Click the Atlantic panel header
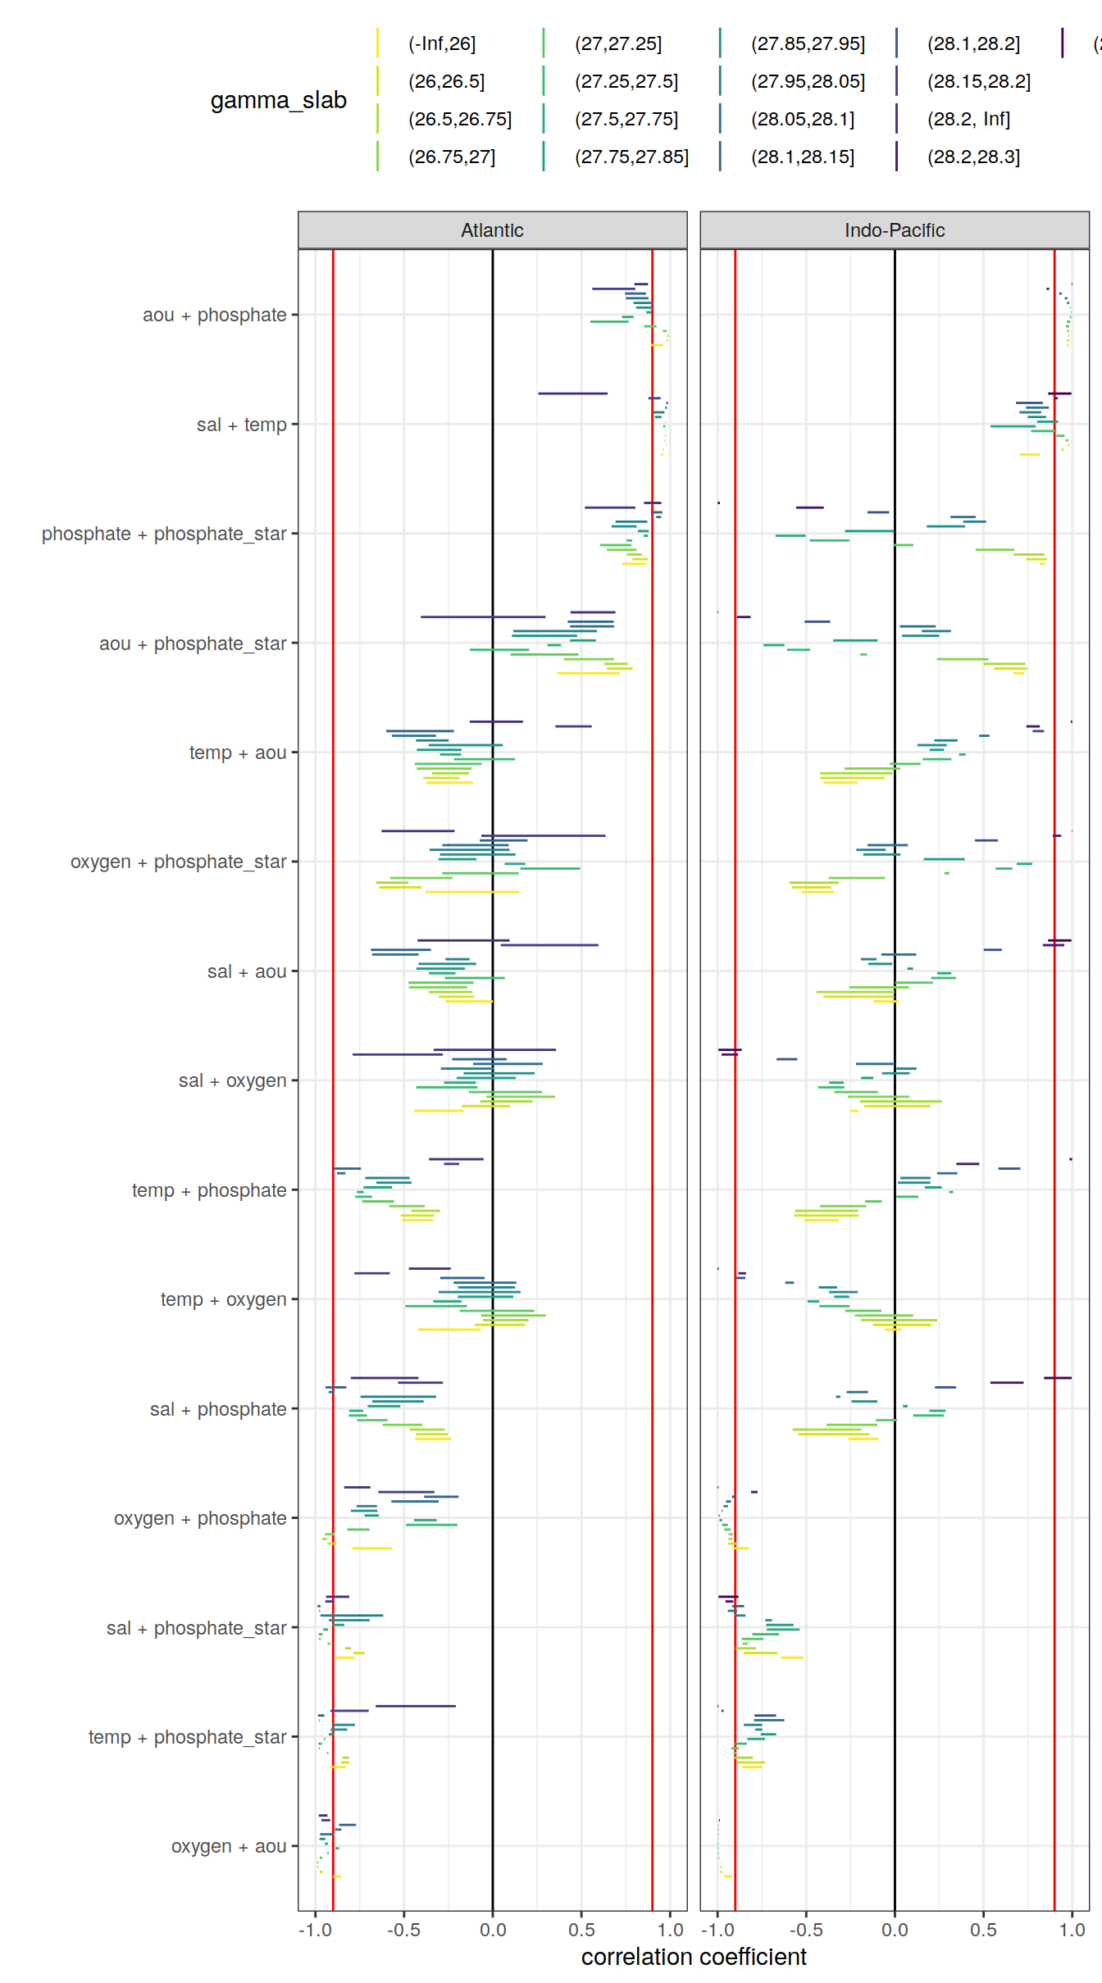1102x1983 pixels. tap(492, 230)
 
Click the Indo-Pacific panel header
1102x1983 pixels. tap(894, 230)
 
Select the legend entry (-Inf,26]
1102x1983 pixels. tap(441, 43)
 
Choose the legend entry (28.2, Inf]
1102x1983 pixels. tap(968, 119)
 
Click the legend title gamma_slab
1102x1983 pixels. tap(278, 100)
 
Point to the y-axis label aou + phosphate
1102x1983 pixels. tap(214, 315)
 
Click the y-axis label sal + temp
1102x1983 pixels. tap(241, 425)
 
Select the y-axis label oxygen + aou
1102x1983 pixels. tap(228, 1846)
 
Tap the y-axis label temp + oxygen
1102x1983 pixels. tap(223, 1299)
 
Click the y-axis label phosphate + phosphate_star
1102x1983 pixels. tap(164, 534)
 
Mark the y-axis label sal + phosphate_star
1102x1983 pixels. tap(196, 1628)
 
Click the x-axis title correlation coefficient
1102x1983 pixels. tap(694, 1957)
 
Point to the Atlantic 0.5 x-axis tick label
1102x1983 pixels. tap(581, 1930)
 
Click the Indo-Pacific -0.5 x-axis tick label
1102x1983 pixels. tap(805, 1930)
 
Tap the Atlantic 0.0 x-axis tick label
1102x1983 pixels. tap(492, 1930)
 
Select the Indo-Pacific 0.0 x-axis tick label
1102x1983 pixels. tap(894, 1930)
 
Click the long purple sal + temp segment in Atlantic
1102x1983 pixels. tap(572, 393)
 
